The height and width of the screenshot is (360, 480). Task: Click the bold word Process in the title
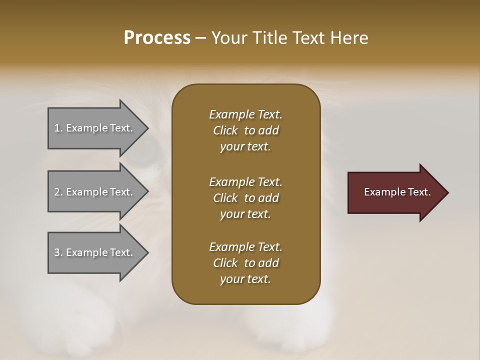[x=157, y=38]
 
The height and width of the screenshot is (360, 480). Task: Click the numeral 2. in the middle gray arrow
[x=58, y=192]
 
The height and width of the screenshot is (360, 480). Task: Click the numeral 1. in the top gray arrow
[x=58, y=128]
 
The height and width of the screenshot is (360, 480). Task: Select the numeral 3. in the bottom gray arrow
[x=58, y=252]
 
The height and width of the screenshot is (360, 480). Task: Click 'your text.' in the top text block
[x=245, y=147]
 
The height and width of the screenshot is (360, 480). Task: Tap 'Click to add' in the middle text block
[x=245, y=198]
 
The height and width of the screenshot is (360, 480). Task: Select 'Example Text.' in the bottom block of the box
[x=245, y=247]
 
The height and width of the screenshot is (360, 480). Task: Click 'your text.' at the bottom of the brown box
[x=245, y=279]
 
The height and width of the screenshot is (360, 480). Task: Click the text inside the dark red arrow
[x=397, y=192]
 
